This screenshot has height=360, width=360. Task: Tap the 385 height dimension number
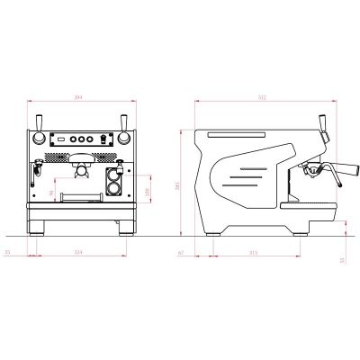click(x=178, y=184)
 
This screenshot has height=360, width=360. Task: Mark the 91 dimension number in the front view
click(x=51, y=193)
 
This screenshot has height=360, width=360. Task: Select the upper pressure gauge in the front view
click(x=114, y=174)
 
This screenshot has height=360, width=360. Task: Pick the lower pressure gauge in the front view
click(x=114, y=187)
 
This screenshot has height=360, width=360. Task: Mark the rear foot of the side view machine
click(x=214, y=230)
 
